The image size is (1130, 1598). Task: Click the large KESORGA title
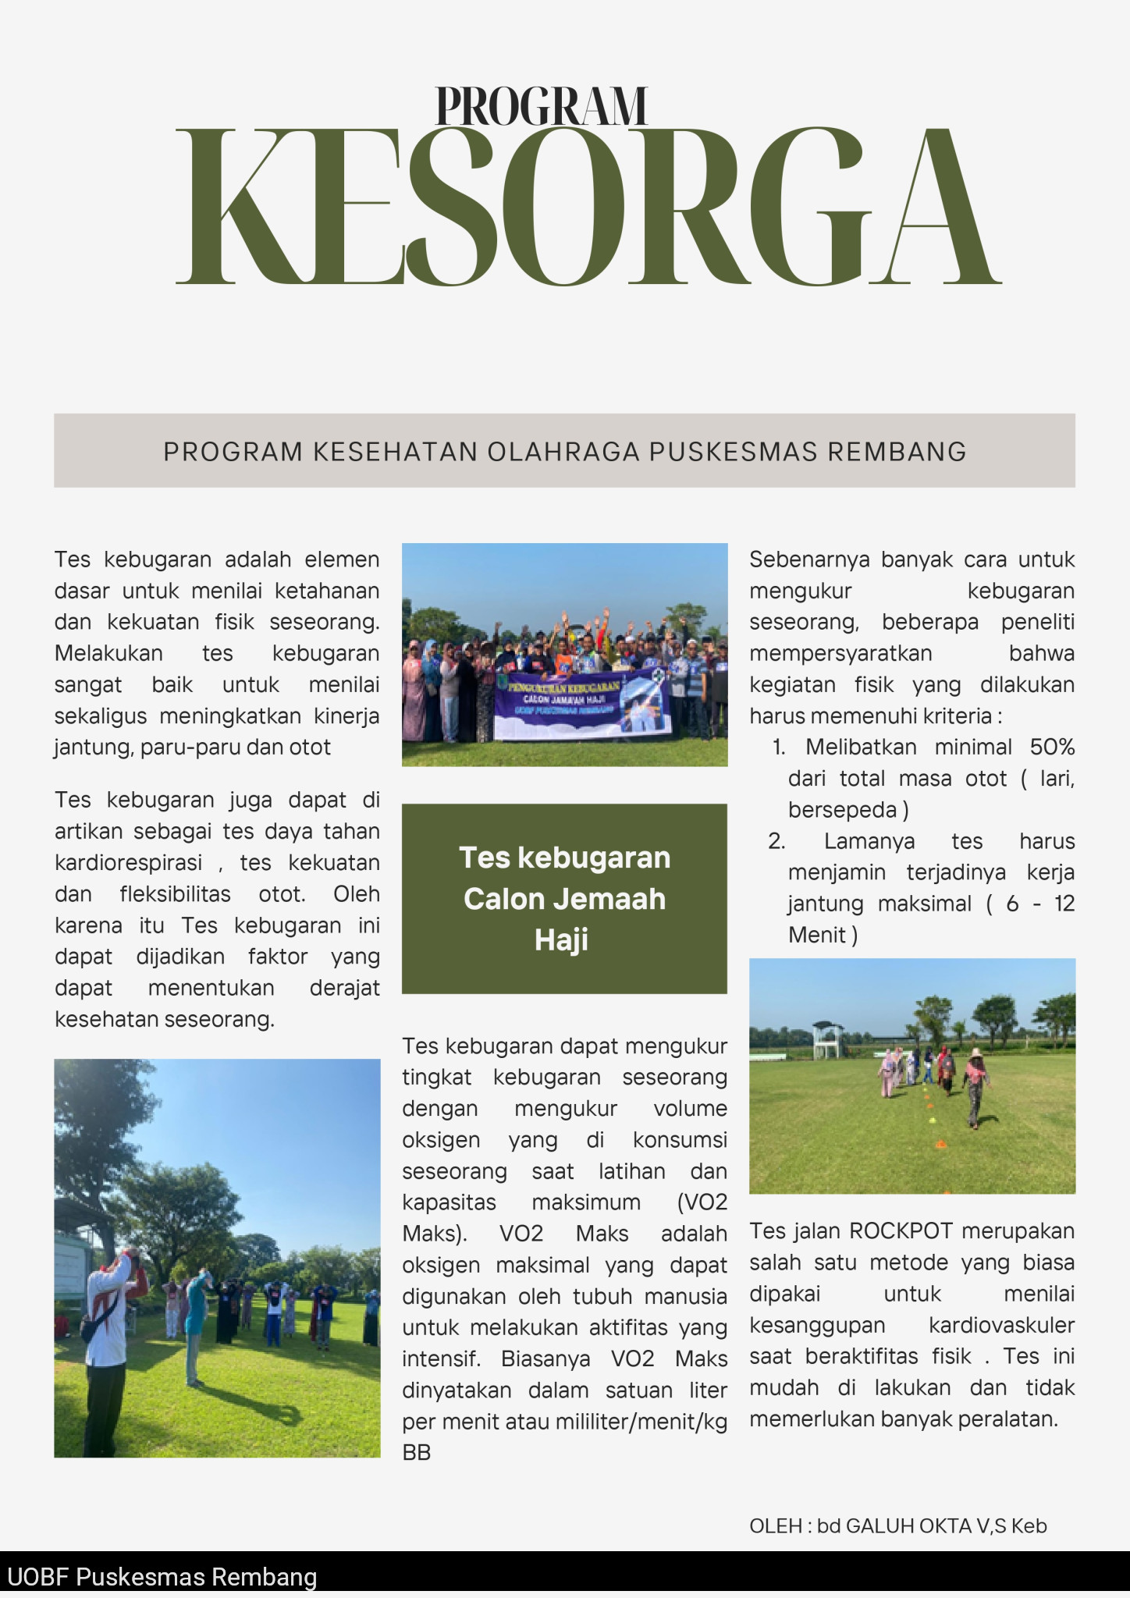coord(588,207)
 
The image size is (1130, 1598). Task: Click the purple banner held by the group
coord(581,701)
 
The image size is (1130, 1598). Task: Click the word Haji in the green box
coord(562,939)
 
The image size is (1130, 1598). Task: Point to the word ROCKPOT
coord(901,1230)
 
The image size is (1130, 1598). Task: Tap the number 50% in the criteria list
coord(1052,747)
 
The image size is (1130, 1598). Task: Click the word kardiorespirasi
coord(128,862)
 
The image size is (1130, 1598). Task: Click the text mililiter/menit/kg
coord(641,1421)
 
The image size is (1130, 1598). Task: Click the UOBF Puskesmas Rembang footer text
coord(162,1577)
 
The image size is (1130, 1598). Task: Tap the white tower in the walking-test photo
coord(827,1039)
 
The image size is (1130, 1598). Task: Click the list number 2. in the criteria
coord(776,841)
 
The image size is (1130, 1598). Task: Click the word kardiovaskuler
coord(1001,1325)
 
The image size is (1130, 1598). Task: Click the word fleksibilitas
coord(176,893)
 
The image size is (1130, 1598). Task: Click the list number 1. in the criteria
coord(779,747)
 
